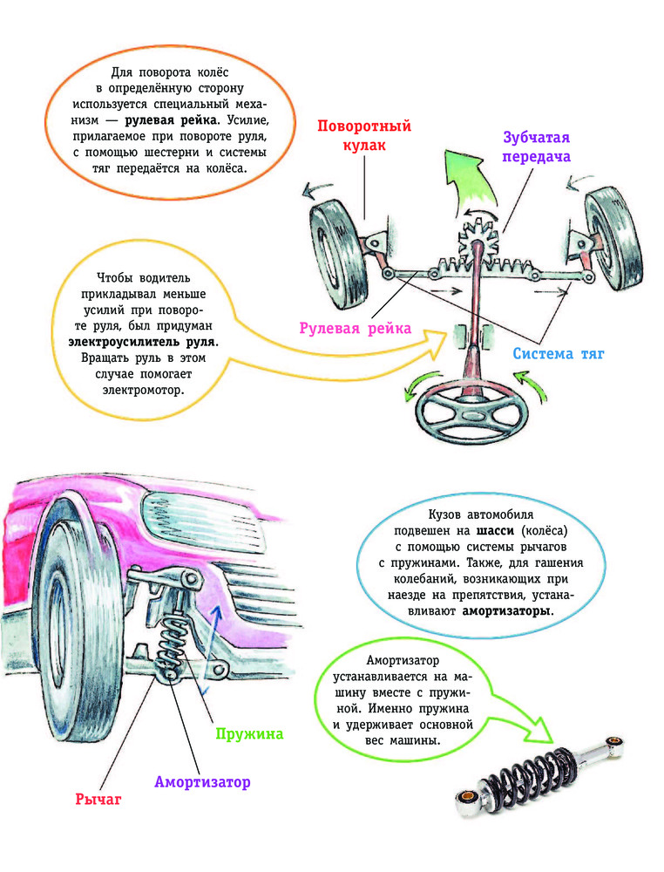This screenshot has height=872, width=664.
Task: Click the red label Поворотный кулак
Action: (x=364, y=135)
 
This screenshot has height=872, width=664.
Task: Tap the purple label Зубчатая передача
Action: (x=536, y=146)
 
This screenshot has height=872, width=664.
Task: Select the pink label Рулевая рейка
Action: (x=356, y=328)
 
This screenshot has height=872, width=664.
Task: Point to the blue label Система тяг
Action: (x=559, y=354)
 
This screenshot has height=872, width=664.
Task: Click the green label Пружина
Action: (x=249, y=734)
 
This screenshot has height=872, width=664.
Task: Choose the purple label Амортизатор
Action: (x=202, y=782)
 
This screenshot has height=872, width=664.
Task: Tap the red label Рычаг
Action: (x=98, y=799)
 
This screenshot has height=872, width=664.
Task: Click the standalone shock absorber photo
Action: (x=539, y=775)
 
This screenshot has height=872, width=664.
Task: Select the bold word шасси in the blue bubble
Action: (x=496, y=530)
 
